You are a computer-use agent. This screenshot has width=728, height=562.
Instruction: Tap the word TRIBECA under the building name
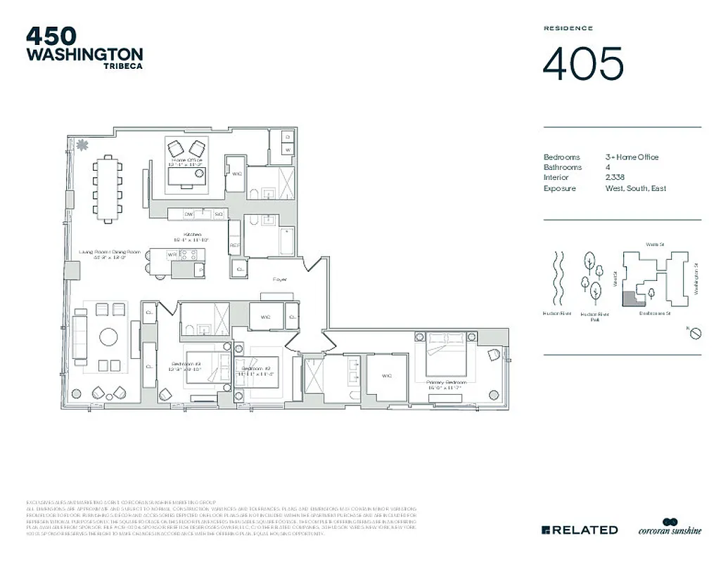[123, 67]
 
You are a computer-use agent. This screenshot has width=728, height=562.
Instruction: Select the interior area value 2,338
[615, 178]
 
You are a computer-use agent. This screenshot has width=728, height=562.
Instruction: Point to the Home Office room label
[186, 161]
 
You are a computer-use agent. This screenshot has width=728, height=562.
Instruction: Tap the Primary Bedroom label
[447, 380]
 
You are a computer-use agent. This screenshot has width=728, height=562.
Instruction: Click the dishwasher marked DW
[189, 213]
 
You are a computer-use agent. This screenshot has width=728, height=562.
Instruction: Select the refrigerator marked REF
[235, 245]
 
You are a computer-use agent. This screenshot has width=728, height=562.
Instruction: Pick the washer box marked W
[288, 150]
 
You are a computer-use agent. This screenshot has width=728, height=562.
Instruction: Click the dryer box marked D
[288, 136]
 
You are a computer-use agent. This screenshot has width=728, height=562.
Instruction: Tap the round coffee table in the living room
[109, 337]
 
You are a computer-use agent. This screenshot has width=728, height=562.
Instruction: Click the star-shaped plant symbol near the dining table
[82, 145]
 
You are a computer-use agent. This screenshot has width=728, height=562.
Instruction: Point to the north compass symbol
[695, 333]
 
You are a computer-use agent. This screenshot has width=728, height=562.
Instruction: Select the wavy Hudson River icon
[560, 277]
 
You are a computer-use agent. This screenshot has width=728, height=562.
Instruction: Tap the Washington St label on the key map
[696, 278]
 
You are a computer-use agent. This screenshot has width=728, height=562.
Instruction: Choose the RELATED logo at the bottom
[580, 530]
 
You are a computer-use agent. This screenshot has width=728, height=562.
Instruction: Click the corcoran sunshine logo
[670, 528]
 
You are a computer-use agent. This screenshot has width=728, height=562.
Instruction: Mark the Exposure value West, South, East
[635, 188]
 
